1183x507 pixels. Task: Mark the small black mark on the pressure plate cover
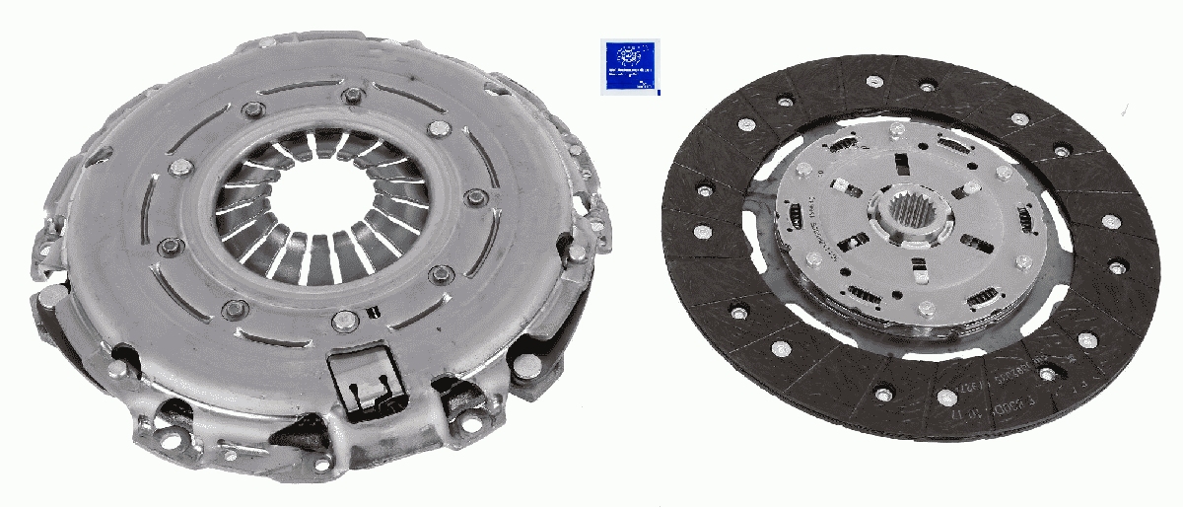coord(372,313)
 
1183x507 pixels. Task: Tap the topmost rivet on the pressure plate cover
coord(351,95)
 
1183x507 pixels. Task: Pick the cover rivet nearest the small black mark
coord(342,319)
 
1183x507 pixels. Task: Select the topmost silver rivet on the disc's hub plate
coord(899,132)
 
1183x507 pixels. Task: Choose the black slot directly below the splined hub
coord(917,263)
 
